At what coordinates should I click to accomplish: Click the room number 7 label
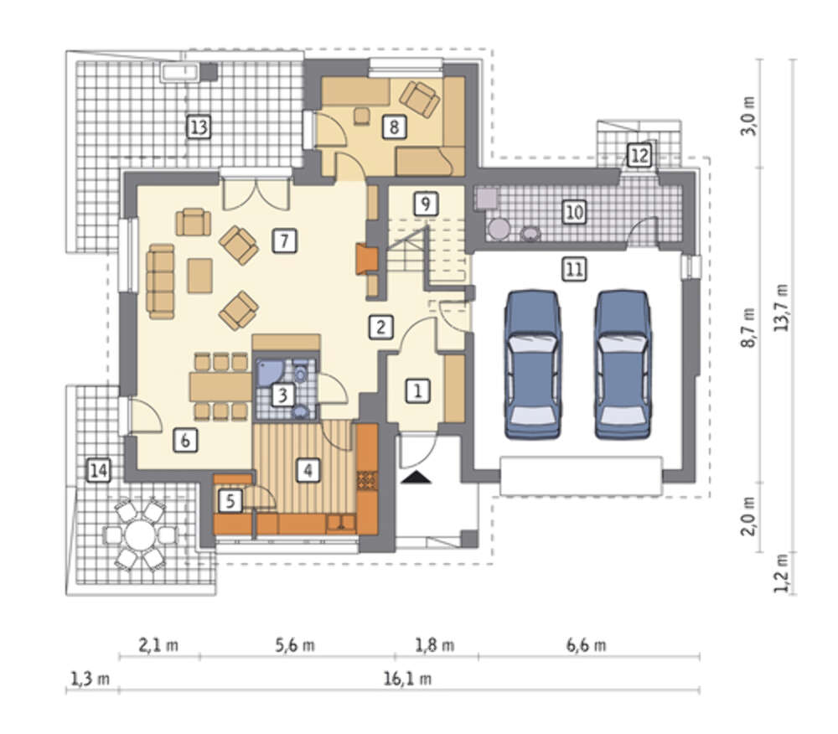click(284, 241)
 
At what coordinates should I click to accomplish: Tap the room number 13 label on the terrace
click(199, 127)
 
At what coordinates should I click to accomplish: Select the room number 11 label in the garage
click(574, 269)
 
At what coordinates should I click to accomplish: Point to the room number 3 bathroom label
click(282, 395)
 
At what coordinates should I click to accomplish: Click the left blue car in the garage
click(532, 364)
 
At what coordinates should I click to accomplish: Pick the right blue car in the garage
click(623, 364)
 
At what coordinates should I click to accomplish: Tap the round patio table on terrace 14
click(139, 535)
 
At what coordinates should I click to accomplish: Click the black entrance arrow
click(416, 478)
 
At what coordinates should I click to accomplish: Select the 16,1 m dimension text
click(407, 679)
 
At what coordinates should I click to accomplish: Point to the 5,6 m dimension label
click(294, 645)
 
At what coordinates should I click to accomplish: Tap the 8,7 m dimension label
click(749, 327)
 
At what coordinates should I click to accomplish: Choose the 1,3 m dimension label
click(90, 679)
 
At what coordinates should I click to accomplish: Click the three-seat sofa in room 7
click(161, 282)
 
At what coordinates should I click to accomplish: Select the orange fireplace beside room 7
click(367, 259)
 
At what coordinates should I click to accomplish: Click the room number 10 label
click(574, 212)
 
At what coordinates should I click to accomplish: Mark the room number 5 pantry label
click(230, 501)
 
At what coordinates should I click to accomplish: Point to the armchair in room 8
click(420, 99)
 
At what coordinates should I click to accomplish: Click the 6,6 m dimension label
click(586, 645)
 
